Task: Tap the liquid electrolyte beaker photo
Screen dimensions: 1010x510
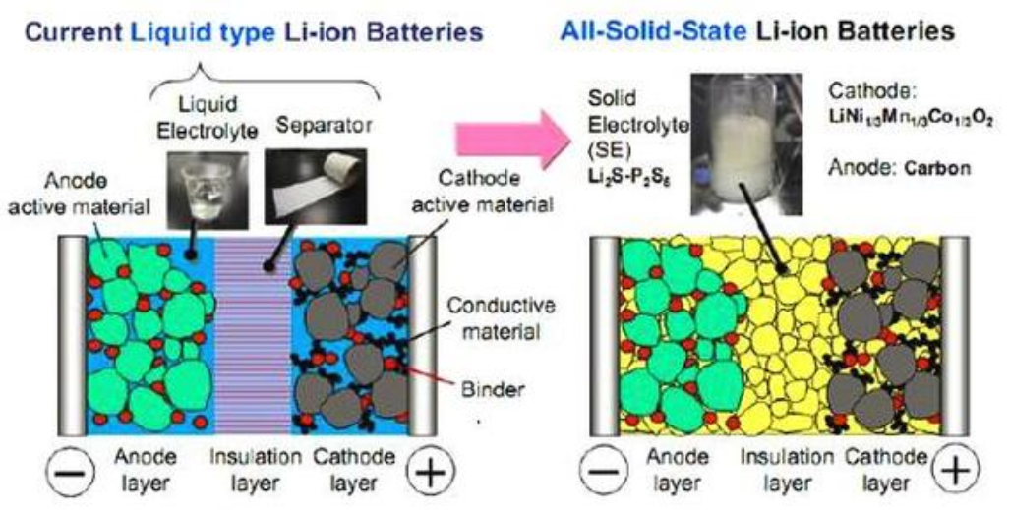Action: pos(208,190)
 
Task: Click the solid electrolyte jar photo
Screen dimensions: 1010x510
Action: pos(745,143)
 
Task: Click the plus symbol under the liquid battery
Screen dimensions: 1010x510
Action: pos(431,473)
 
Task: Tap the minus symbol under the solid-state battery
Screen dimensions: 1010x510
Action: pos(603,473)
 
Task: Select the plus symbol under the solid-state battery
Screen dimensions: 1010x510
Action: pos(957,472)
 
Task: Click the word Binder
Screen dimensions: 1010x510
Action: pos(494,389)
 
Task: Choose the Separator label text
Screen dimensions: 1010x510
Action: pos(324,125)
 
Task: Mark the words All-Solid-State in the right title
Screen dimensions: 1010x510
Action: pos(653,29)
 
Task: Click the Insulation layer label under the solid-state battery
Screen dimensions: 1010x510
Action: pos(787,470)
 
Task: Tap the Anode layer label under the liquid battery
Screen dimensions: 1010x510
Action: pos(146,470)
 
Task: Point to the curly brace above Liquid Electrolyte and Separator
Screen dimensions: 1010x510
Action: pos(265,84)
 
